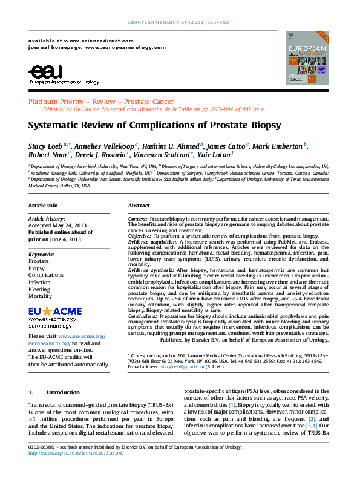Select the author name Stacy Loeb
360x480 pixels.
45,147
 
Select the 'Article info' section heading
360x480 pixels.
44,206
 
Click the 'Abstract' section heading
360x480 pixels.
139,206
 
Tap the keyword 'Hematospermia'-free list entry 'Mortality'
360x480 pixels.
41,297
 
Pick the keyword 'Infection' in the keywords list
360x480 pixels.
40,282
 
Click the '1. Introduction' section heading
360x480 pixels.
54,392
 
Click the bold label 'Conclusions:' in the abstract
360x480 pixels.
145,315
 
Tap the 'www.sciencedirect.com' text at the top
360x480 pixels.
91,39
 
